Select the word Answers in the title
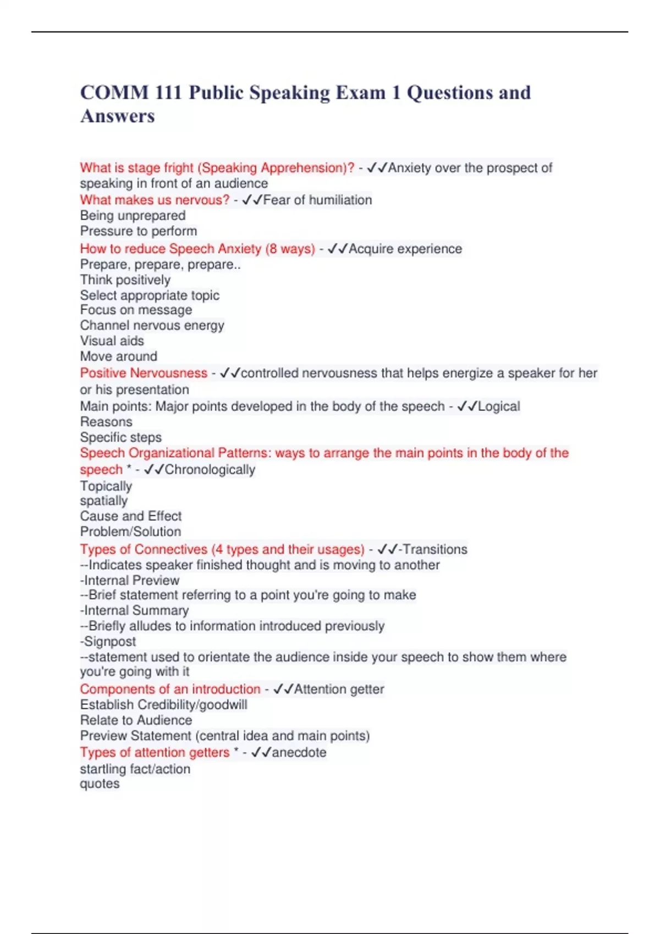coord(118,116)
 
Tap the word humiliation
coord(340,200)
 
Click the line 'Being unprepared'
coord(133,215)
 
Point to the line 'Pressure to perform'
coord(138,231)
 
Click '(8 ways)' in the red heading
coord(290,249)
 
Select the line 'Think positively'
coord(125,280)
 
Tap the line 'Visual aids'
coord(112,341)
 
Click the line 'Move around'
coord(118,356)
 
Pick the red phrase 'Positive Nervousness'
coord(144,373)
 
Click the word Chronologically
coord(210,470)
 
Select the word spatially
coord(103,501)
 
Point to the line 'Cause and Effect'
coord(130,516)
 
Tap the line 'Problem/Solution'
coord(130,531)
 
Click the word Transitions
coord(435,549)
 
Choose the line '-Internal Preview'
coord(129,580)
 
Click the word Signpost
coord(109,641)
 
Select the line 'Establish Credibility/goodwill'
coord(163,704)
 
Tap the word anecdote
coord(299,753)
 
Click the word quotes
coord(100,783)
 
